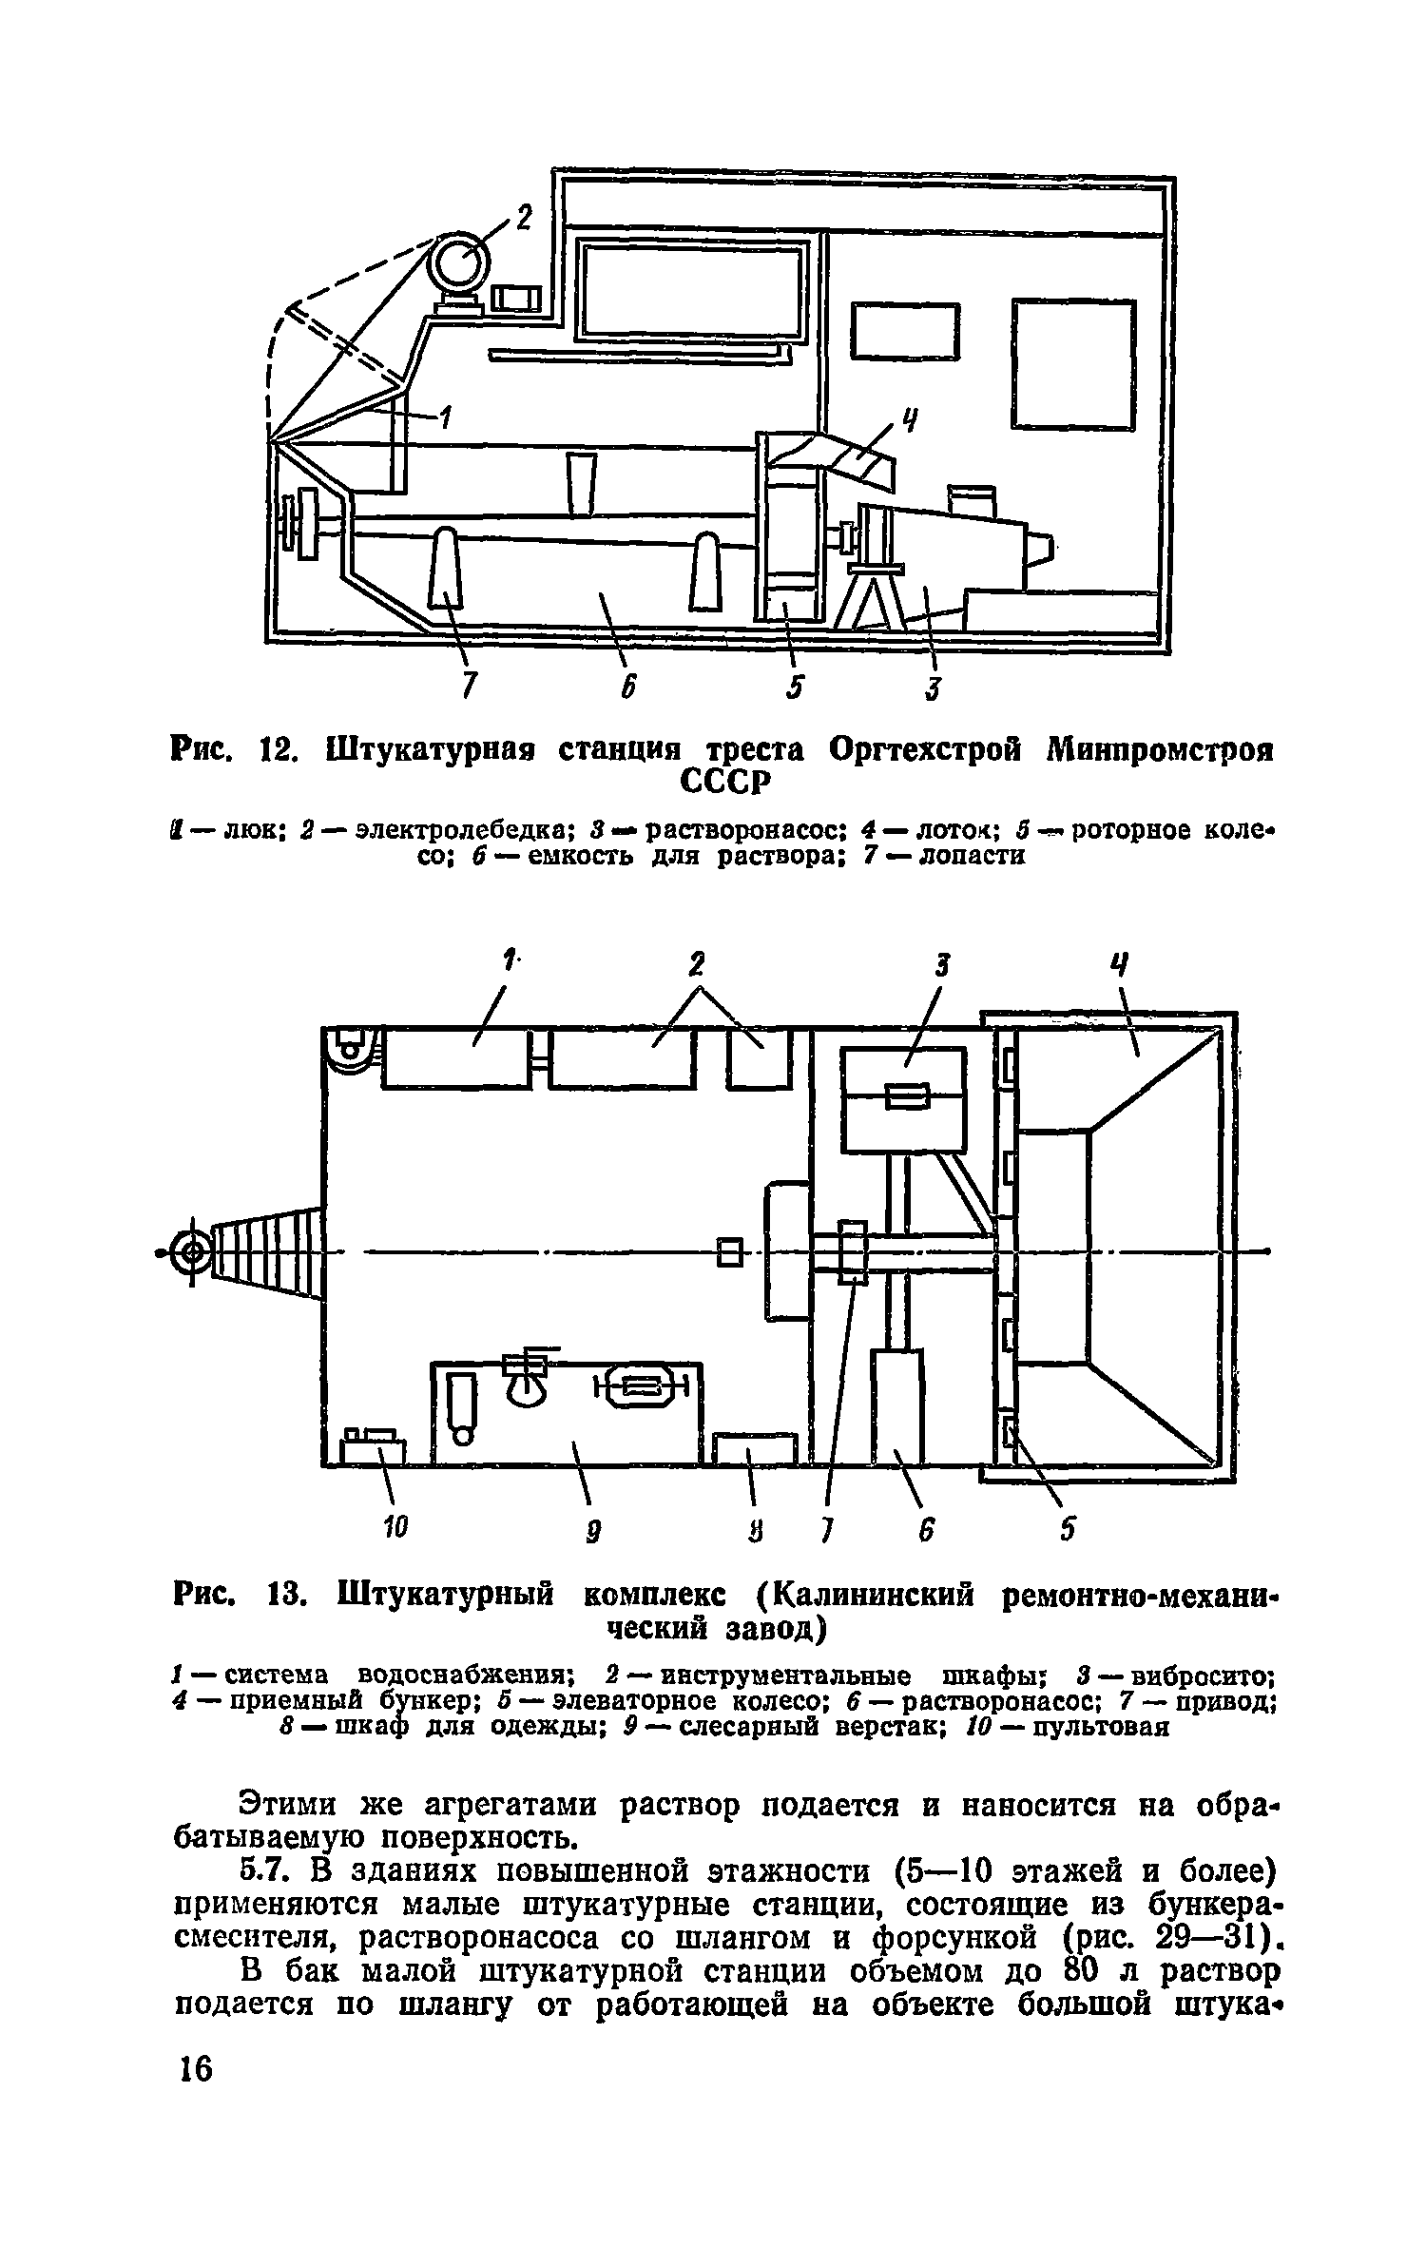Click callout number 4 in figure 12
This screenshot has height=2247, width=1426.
pos(910,418)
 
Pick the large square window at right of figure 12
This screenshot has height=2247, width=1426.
pos(1073,363)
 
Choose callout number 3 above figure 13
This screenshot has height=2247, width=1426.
pos(941,968)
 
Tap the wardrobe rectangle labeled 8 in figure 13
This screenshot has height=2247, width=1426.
pos(755,1449)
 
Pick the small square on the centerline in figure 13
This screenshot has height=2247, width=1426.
pos(729,1253)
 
